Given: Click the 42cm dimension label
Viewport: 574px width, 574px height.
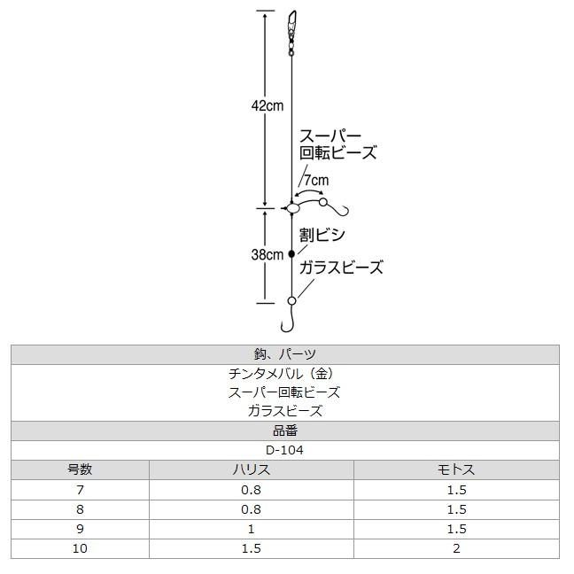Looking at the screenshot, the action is pyautogui.click(x=267, y=106).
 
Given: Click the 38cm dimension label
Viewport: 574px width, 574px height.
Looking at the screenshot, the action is pyautogui.click(x=267, y=254).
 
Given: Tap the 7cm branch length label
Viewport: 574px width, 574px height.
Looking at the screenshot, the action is pyautogui.click(x=316, y=181).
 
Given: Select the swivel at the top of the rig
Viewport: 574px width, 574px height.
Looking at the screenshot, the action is pyautogui.click(x=292, y=27).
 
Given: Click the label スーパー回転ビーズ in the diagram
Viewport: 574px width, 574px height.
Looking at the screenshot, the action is pyautogui.click(x=337, y=144).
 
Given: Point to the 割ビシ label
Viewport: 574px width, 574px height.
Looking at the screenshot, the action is pyautogui.click(x=322, y=235).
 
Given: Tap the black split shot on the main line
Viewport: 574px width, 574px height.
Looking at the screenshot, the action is pyautogui.click(x=291, y=253).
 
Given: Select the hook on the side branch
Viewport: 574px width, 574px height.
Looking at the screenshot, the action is pyautogui.click(x=341, y=209).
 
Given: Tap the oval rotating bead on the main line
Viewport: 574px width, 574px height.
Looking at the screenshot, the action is pyautogui.click(x=293, y=208).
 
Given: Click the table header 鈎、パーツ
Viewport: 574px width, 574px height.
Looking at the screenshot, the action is pyautogui.click(x=285, y=353).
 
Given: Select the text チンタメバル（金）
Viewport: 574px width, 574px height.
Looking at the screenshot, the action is pyautogui.click(x=285, y=373).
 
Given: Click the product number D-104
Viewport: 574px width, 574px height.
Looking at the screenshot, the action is pyautogui.click(x=285, y=450).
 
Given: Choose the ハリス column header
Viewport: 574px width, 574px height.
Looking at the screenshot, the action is pyautogui.click(x=251, y=469).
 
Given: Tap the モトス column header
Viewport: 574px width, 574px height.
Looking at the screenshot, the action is pyautogui.click(x=456, y=469).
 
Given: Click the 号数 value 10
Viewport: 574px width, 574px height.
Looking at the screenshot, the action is pyautogui.click(x=80, y=548).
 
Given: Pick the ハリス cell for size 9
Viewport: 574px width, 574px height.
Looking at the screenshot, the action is pyautogui.click(x=251, y=529).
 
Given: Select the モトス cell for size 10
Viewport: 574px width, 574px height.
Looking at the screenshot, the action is pyautogui.click(x=456, y=548).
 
